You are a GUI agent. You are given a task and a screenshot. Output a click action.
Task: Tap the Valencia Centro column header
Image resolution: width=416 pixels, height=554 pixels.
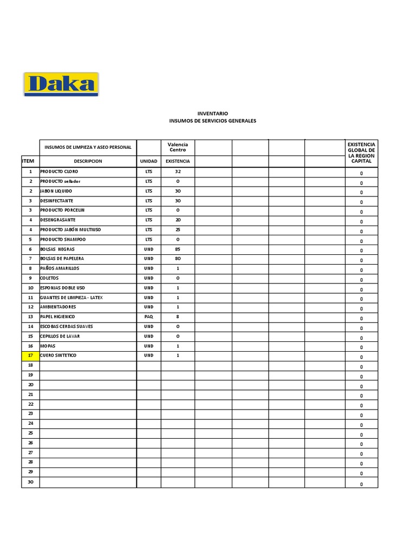(x=178, y=147)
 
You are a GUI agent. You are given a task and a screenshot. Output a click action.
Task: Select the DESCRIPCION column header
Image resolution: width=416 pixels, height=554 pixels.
(x=88, y=161)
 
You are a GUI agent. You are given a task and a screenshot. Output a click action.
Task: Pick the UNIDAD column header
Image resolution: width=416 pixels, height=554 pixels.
(x=148, y=161)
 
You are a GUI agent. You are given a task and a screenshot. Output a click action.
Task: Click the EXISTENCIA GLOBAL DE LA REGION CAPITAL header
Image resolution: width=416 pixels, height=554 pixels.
(x=361, y=153)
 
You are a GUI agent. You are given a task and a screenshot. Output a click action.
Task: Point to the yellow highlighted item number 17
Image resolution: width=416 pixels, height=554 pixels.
(x=30, y=355)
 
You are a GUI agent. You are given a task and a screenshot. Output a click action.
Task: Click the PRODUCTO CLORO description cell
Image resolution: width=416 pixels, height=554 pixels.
(x=59, y=171)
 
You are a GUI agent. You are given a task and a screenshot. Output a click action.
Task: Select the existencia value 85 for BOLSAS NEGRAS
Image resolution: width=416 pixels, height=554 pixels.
(x=178, y=249)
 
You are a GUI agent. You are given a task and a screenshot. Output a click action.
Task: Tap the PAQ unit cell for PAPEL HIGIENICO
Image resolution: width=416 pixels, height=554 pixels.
(x=148, y=316)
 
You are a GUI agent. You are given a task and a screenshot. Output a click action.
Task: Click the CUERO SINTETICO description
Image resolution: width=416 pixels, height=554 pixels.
(x=58, y=355)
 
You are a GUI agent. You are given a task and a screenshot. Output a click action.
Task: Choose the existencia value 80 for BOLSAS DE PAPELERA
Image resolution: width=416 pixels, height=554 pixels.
(x=178, y=259)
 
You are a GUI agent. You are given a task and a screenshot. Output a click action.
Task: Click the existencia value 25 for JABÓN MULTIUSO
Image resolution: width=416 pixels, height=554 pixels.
(x=178, y=229)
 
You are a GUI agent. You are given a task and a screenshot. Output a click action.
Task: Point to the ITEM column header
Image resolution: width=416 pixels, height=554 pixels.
(x=28, y=161)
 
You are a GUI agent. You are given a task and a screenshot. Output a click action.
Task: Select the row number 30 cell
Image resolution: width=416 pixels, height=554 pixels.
(x=30, y=482)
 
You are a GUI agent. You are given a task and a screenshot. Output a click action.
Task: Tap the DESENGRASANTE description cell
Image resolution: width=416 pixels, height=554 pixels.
(x=58, y=220)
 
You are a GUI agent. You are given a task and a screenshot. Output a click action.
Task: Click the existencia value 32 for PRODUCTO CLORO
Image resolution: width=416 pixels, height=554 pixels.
(x=178, y=171)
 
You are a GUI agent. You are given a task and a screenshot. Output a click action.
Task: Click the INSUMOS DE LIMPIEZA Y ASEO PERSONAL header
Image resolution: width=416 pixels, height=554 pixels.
(x=88, y=147)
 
